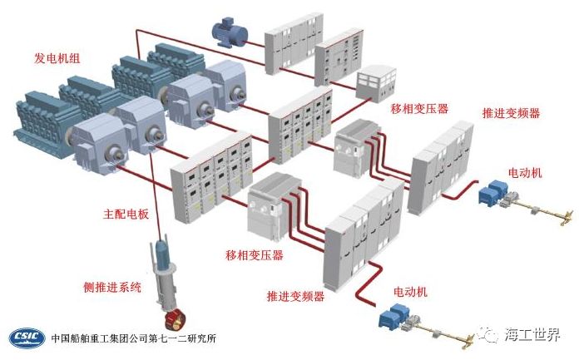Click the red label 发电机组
(x=57, y=58)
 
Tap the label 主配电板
(x=126, y=214)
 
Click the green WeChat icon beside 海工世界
(x=491, y=335)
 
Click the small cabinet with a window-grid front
(x=377, y=81)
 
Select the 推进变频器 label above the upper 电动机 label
(x=511, y=112)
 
